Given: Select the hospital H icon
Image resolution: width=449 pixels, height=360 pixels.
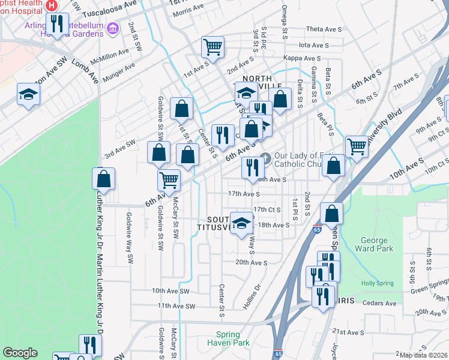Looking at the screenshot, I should (52, 5).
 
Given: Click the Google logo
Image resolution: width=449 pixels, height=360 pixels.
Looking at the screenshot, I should (20, 353).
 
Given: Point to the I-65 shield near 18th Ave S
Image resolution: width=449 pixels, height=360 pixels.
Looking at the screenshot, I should (316, 229).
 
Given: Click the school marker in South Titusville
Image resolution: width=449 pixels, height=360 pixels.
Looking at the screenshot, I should (241, 223).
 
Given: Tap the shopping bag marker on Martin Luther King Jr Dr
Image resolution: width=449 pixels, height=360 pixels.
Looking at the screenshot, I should (103, 178).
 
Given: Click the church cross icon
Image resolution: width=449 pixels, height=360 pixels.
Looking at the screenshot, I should (268, 157).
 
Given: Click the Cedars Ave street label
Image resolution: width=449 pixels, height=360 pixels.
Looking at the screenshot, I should (380, 303).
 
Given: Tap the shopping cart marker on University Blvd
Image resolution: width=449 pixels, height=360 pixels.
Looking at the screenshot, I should (357, 145).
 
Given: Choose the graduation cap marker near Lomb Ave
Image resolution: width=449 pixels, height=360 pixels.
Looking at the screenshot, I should (28, 94).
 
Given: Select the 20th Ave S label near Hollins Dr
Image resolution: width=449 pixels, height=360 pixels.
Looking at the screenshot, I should (251, 262).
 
